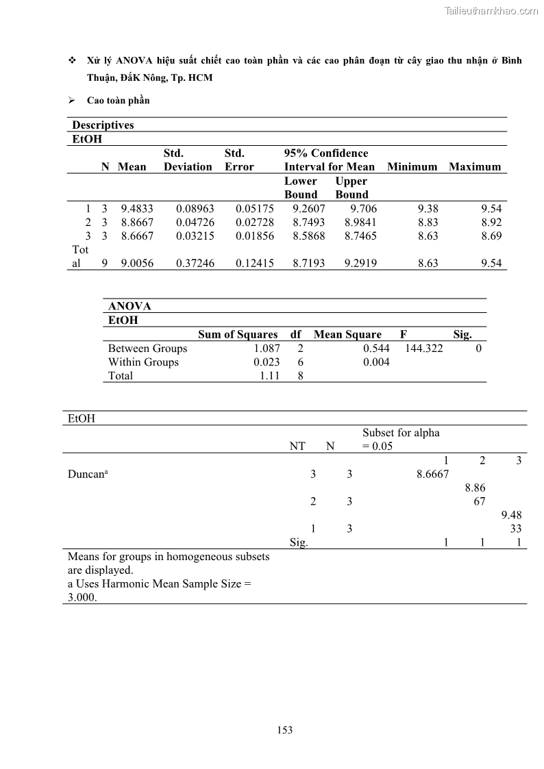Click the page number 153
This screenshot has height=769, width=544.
(285, 730)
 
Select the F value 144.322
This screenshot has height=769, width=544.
(424, 348)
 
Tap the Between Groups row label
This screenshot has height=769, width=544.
(147, 348)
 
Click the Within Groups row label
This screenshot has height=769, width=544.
(143, 362)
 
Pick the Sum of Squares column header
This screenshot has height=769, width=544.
(238, 334)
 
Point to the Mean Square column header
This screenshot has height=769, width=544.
(347, 334)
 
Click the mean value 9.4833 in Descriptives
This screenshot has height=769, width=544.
(137, 208)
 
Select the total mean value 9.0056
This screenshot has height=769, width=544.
(137, 263)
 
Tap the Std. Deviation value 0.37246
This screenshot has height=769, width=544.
(195, 263)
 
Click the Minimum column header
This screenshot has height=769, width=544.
(412, 166)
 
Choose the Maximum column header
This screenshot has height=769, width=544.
(475, 166)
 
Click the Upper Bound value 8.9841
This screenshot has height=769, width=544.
(361, 222)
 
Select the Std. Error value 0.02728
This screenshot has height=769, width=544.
(255, 222)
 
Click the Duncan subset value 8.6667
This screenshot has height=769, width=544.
(432, 474)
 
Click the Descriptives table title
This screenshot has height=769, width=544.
(103, 125)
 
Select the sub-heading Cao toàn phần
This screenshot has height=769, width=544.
(118, 100)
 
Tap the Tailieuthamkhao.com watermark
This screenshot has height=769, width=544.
(491, 10)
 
